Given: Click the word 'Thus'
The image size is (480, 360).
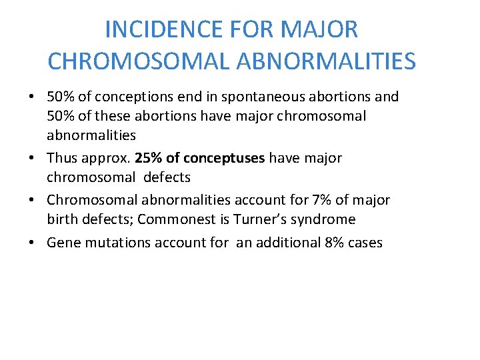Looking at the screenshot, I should tap(63, 158).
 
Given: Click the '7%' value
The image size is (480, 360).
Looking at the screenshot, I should tap(317, 200).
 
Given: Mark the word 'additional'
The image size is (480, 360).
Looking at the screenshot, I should tap(288, 243).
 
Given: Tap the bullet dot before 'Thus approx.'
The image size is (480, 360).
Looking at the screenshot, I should tap(32, 159).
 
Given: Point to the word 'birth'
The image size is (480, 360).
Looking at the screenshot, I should tap(61, 219).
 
